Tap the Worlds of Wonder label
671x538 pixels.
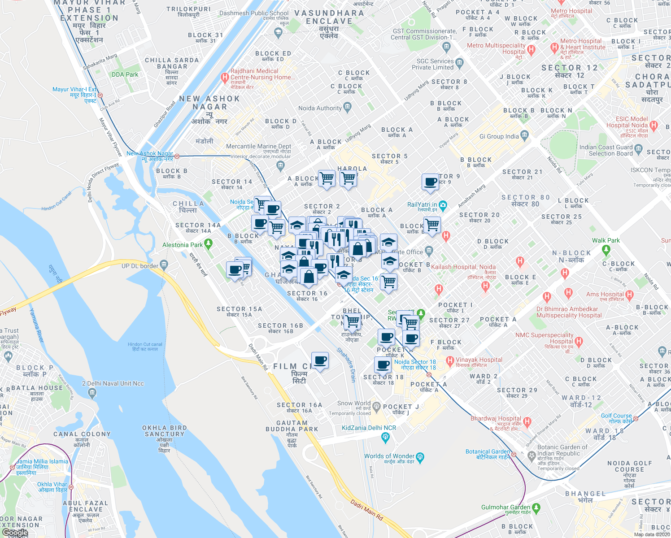tap(389, 456)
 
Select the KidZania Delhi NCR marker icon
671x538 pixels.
tap(385, 436)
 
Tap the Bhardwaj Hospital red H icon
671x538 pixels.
tap(527, 422)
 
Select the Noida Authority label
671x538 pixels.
tap(320, 108)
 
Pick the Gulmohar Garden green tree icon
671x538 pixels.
tap(536, 508)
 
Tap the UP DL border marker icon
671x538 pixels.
tap(164, 265)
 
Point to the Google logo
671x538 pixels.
tap(15, 533)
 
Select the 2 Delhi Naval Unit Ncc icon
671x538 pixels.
tap(92, 393)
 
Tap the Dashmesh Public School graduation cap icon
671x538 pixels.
tap(278, 32)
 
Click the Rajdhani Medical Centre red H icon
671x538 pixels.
tap(225, 78)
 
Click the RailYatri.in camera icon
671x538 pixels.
tap(443, 205)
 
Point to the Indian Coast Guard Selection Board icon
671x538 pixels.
tap(639, 150)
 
